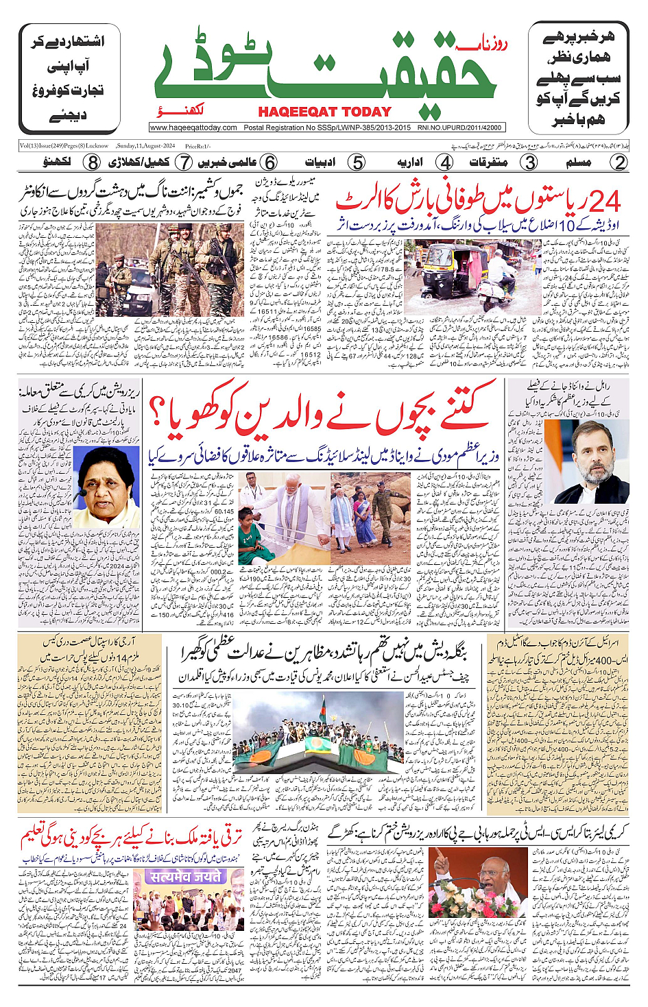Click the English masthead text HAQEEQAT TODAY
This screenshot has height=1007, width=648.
(324, 112)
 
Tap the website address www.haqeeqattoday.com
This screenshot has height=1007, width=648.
(193, 128)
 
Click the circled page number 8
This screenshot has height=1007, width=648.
(93, 162)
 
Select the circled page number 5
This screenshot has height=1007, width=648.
(357, 162)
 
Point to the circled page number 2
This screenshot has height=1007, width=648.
(620, 162)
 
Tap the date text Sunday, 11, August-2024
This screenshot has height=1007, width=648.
(145, 145)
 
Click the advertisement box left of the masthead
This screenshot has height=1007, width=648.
(69, 78)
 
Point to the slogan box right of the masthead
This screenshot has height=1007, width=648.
(578, 78)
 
